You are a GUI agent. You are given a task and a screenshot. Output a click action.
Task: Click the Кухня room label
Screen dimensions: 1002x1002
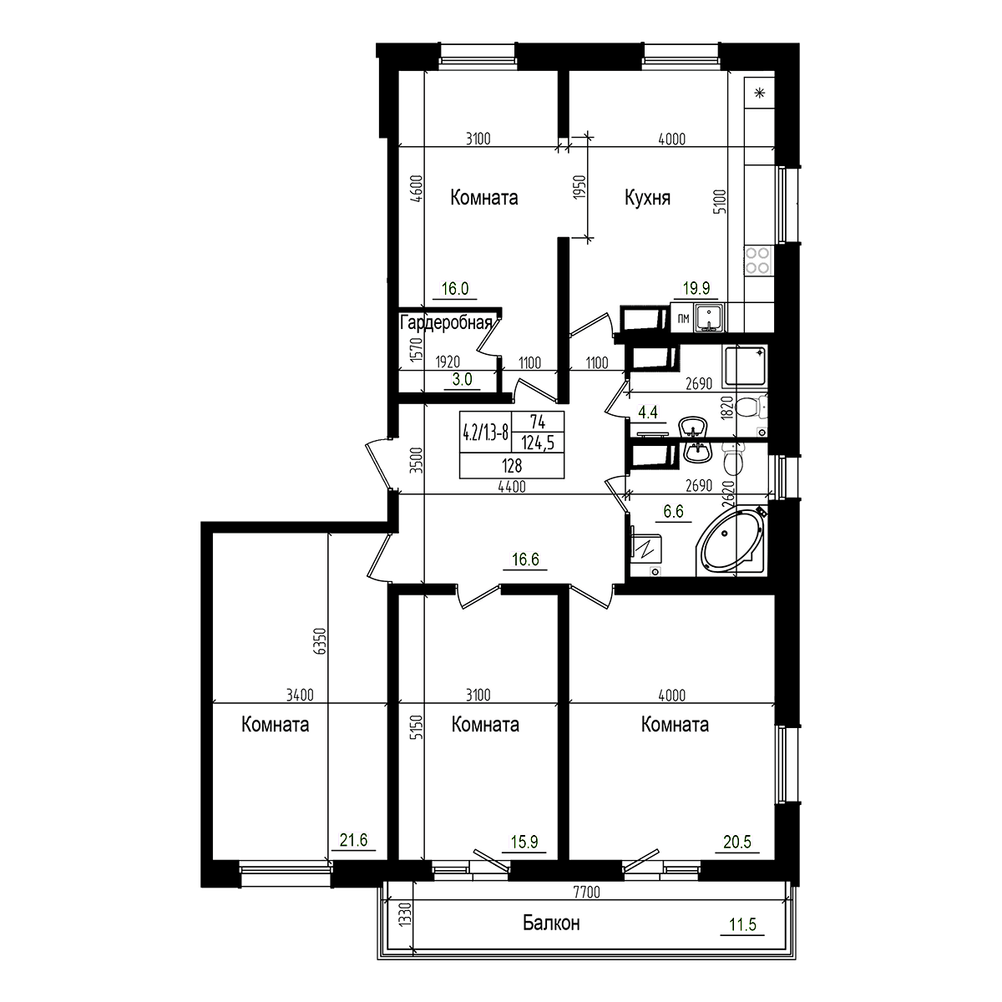[648, 198]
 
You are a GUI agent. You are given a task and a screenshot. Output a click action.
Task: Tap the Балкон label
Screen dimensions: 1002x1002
[551, 924]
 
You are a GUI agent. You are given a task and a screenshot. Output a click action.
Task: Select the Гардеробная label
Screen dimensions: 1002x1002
[450, 323]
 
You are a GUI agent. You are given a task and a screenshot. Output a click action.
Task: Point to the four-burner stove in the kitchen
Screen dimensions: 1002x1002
[758, 261]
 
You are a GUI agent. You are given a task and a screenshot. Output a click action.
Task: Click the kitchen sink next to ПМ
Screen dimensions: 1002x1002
[711, 317]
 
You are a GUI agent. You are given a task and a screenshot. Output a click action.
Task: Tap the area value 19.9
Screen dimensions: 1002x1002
[695, 289]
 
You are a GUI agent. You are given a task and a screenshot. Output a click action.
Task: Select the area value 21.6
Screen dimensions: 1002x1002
[356, 840]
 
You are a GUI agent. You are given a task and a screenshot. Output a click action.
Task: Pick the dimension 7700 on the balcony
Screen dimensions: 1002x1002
[588, 893]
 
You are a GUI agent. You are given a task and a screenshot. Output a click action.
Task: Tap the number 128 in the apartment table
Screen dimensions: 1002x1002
[511, 465]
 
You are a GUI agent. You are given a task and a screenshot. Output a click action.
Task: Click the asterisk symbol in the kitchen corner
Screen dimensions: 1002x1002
[760, 93]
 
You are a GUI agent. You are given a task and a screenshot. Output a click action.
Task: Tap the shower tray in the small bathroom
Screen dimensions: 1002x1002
[743, 367]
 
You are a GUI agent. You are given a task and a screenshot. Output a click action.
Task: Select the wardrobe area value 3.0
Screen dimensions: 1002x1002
[463, 379]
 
